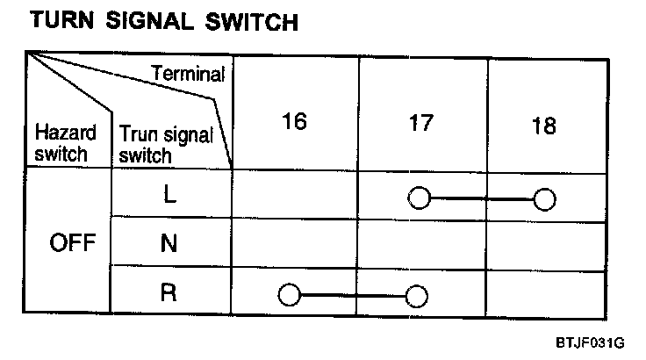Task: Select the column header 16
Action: [x=295, y=122]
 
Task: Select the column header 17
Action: [x=421, y=122]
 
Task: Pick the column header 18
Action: [x=544, y=126]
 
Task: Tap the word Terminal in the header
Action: [x=189, y=76]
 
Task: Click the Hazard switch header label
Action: [x=62, y=143]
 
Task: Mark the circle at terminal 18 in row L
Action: [x=545, y=199]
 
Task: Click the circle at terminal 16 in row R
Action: [x=288, y=294]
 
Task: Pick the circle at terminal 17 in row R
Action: [x=417, y=294]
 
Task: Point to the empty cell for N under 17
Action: [x=422, y=245]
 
